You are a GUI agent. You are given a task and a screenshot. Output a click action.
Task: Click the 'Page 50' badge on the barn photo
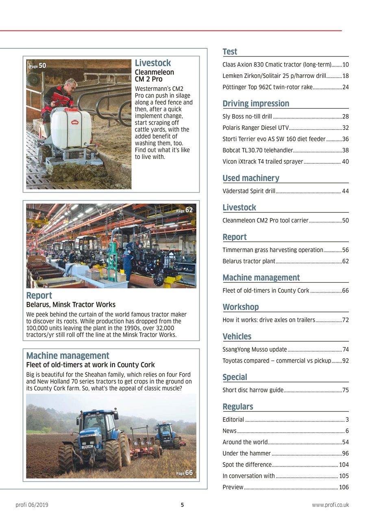tap(37, 65)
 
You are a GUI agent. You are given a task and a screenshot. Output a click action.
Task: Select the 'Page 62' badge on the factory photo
tap(185, 210)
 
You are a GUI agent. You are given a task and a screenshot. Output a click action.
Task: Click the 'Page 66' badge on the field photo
tap(185, 473)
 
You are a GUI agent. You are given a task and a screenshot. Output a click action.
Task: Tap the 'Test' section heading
tap(230, 52)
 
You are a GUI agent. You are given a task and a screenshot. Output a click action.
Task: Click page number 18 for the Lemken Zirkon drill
tap(346, 76)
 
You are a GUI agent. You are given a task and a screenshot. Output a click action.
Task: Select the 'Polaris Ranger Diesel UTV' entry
tap(255, 128)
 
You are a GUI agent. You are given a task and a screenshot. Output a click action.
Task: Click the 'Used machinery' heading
tap(251, 178)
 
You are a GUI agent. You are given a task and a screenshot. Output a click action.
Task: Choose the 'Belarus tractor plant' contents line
tap(249, 261)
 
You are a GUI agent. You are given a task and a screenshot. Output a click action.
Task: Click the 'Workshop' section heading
tap(241, 307)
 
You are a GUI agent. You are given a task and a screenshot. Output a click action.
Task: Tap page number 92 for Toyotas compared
tap(346, 360)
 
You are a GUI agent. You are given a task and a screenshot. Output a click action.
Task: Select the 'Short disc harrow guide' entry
tap(253, 390)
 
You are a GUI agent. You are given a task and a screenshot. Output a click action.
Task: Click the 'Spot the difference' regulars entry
tap(247, 464)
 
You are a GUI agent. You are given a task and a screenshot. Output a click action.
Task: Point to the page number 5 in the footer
tap(182, 505)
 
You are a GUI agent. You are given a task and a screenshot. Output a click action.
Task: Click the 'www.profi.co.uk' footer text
tap(330, 505)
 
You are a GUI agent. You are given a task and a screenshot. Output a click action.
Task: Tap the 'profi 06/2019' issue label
tap(32, 505)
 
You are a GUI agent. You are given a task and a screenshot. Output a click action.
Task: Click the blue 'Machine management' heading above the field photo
tap(68, 355)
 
